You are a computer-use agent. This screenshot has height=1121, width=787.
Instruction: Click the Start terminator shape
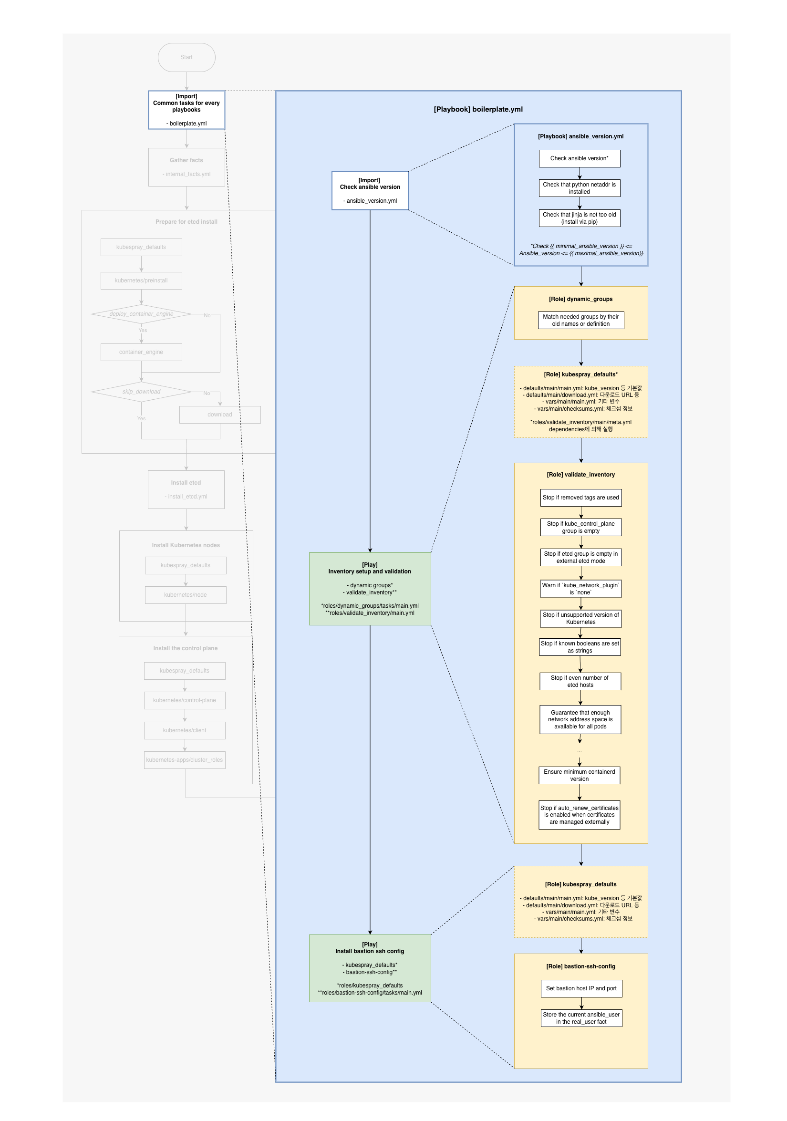pyautogui.click(x=186, y=57)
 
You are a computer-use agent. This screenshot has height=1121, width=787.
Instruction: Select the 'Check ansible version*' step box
pyautogui.click(x=579, y=158)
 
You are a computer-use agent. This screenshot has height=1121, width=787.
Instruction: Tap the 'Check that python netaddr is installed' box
pyautogui.click(x=579, y=188)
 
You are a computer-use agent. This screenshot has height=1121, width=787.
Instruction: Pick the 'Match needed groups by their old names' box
pyautogui.click(x=580, y=320)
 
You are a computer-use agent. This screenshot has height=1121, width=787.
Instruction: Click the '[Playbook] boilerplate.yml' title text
pyautogui.click(x=478, y=109)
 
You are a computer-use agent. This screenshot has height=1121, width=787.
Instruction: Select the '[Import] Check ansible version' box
pyautogui.click(x=370, y=190)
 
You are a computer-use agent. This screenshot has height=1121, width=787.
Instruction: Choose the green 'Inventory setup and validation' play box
pyautogui.click(x=370, y=588)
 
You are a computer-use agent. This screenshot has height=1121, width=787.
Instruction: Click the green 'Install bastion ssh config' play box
pyautogui.click(x=370, y=968)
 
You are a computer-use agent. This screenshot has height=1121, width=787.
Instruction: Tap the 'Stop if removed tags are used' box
pyautogui.click(x=580, y=498)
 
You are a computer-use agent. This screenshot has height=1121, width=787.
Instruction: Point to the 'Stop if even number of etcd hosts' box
pyautogui.click(x=580, y=681)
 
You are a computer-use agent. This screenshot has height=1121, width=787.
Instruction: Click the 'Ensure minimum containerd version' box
pyautogui.click(x=579, y=775)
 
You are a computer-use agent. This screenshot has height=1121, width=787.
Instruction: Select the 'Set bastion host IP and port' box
pyautogui.click(x=581, y=988)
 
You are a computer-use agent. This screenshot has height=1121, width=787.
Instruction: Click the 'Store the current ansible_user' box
pyautogui.click(x=581, y=1018)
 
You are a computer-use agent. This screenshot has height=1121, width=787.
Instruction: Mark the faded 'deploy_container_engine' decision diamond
pyautogui.click(x=141, y=314)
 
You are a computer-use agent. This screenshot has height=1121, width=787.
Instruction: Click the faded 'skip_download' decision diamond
pyautogui.click(x=141, y=392)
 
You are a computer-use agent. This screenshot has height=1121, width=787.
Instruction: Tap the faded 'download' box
pyautogui.click(x=220, y=415)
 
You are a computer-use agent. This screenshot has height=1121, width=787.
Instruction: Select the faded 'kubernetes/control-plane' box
pyautogui.click(x=185, y=700)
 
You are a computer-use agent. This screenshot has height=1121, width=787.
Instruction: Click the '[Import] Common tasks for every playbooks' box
pyautogui.click(x=186, y=110)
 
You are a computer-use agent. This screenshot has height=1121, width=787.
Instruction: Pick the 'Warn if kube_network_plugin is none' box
pyautogui.click(x=580, y=588)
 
